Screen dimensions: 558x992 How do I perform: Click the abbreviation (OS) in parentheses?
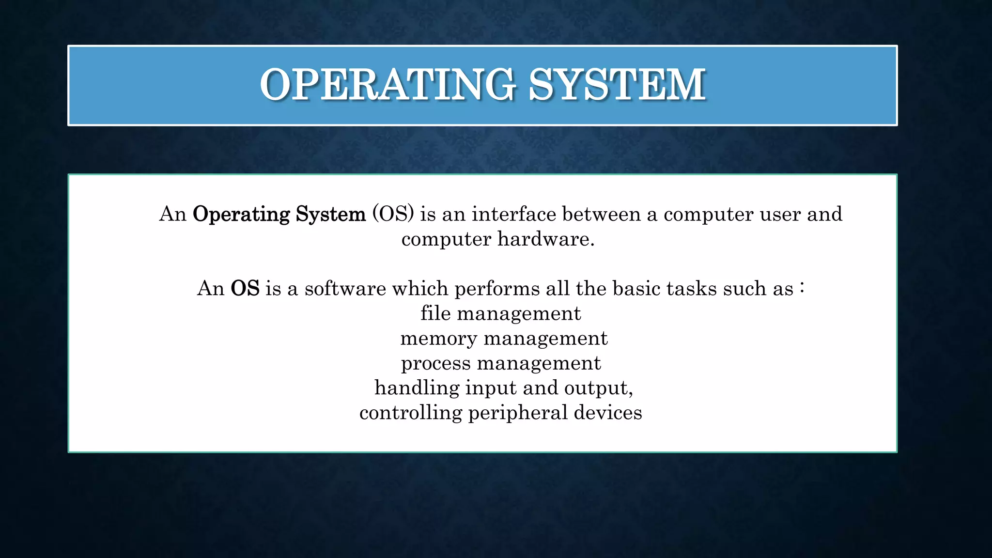tap(393, 214)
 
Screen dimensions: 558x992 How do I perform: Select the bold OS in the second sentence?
tap(245, 289)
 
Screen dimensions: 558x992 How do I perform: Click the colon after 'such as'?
tap(802, 288)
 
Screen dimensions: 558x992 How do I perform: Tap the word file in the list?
tap(435, 313)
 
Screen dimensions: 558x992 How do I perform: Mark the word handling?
tap(417, 388)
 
